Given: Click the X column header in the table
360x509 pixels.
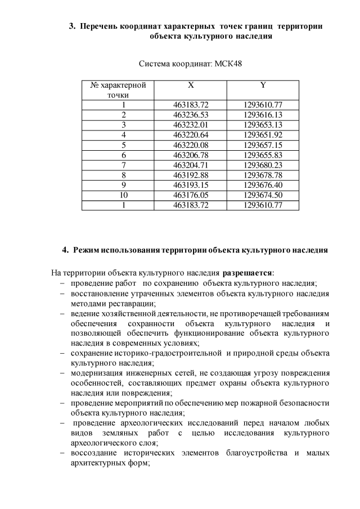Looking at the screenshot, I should click(191, 85).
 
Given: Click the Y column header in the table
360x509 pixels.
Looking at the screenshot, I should click(263, 85).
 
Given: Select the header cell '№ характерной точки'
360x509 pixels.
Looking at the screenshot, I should click(118, 90).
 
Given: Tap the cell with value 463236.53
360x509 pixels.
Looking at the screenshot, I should click(191, 115).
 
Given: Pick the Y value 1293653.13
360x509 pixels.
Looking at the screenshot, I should click(263, 124).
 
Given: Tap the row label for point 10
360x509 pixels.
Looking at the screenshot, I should click(123, 195).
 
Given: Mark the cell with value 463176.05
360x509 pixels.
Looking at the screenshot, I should click(191, 195).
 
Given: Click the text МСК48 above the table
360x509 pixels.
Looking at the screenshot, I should click(228, 64).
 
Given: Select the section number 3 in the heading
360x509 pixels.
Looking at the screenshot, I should click(71, 26).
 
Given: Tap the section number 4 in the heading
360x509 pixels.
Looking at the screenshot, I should click(65, 249).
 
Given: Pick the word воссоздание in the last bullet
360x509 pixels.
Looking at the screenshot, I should click(94, 453).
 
